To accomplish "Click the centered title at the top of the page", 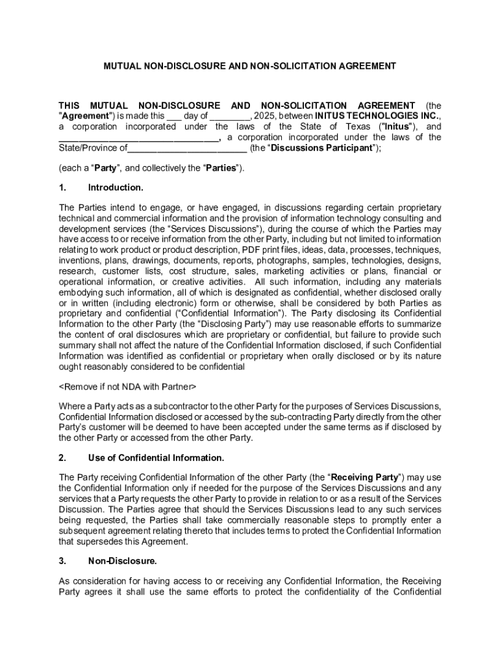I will pyautogui.click(x=250, y=66).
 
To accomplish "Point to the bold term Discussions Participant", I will pyautogui.click(x=321, y=148).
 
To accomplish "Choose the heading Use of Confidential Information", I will pyautogui.click(x=156, y=458).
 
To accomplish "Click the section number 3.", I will pyautogui.click(x=62, y=560).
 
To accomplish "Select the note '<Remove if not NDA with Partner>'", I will pyautogui.click(x=127, y=386).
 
